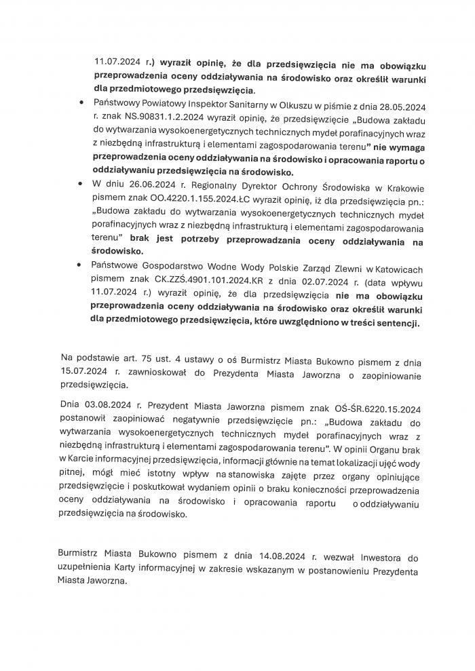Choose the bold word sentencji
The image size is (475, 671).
396,324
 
